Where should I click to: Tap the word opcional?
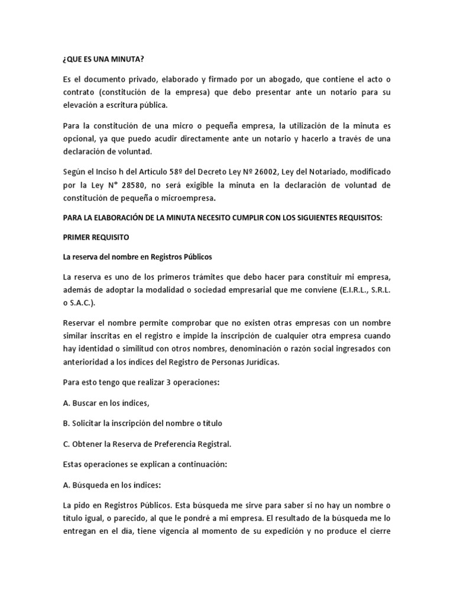[x=82, y=138]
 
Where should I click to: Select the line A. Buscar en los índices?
[x=106, y=403]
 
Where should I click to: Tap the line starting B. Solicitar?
[x=142, y=423]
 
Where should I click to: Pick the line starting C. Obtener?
[x=147, y=444]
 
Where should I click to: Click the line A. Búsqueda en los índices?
[x=111, y=485]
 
